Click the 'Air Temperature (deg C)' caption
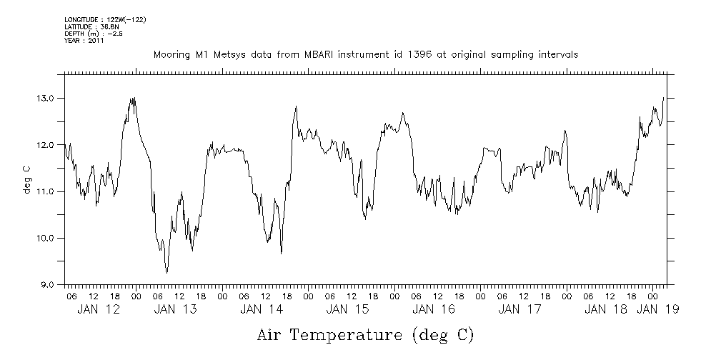tap(365, 334)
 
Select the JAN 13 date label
tap(176, 309)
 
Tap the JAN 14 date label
tap(262, 309)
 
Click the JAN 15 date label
tap(347, 309)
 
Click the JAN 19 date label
tap(658, 309)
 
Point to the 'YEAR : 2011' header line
tap(84, 41)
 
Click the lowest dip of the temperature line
tap(167, 273)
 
